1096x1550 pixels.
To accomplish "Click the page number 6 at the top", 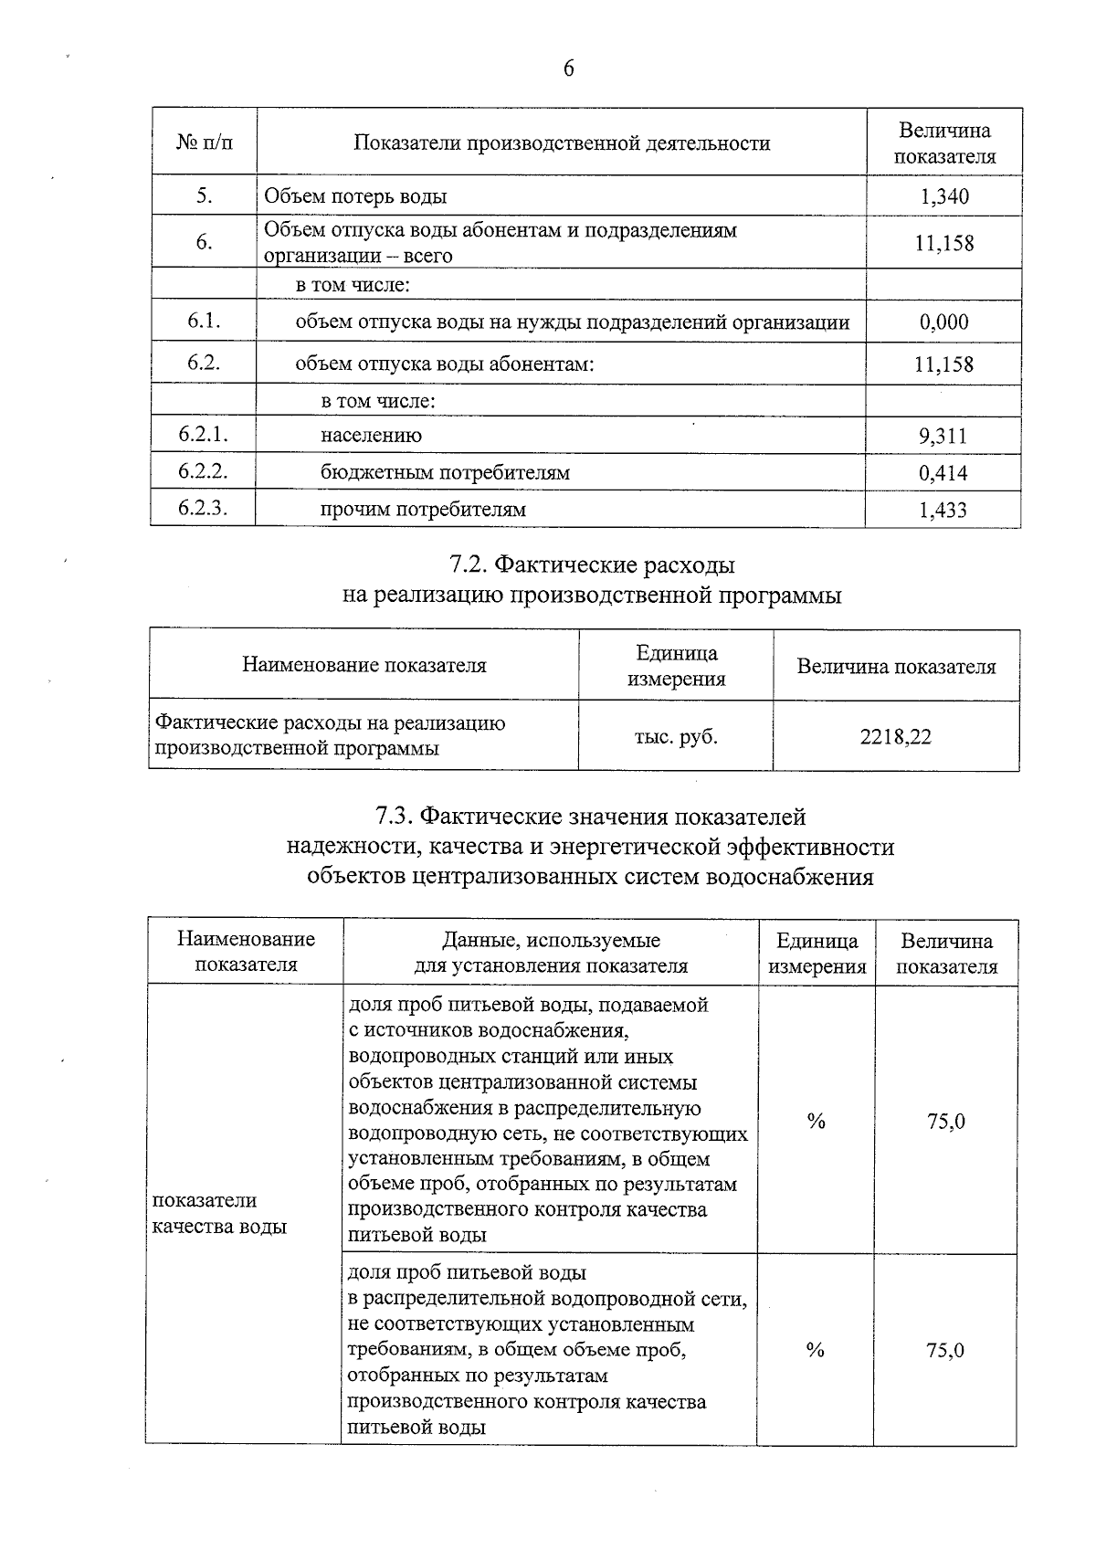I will click(x=568, y=69).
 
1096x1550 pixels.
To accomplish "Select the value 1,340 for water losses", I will click(x=944, y=196).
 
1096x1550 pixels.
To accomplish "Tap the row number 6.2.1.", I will click(x=203, y=435).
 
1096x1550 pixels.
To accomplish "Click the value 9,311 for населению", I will click(x=943, y=436).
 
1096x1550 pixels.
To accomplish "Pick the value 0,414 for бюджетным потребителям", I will click(x=943, y=473).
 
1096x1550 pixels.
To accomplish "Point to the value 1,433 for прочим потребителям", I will click(x=943, y=511).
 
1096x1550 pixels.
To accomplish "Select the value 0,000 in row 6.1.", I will click(x=944, y=322).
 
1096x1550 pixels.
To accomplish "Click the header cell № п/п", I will click(x=204, y=143).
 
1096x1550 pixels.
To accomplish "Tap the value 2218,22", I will click(x=895, y=737).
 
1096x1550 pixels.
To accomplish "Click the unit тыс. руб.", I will click(x=676, y=737).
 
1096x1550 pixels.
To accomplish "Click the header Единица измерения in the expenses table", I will click(x=676, y=666).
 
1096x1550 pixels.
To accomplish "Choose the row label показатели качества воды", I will click(x=219, y=1213).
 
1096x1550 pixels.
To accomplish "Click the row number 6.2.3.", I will click(x=203, y=508).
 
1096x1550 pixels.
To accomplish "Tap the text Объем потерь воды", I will click(x=355, y=196).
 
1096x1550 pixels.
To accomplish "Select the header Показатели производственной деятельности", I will click(x=562, y=143).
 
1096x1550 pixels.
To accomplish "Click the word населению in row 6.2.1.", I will click(x=371, y=436).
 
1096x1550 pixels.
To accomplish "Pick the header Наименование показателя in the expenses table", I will click(x=364, y=666).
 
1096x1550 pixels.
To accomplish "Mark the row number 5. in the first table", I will click(x=204, y=195).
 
